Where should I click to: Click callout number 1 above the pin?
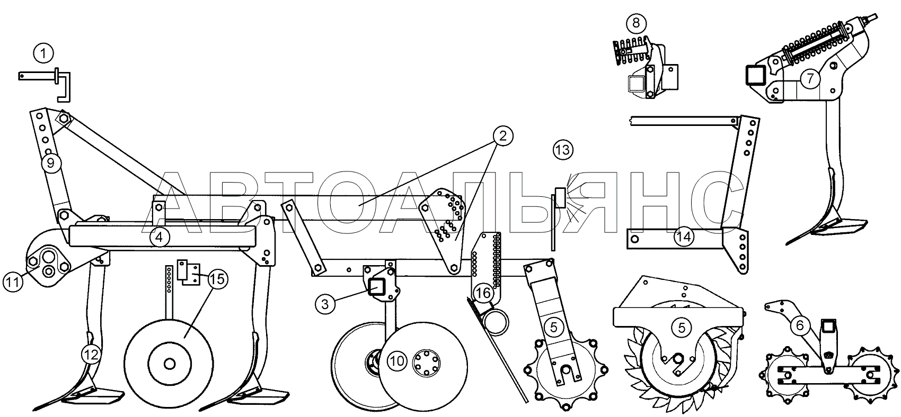pos(43,53)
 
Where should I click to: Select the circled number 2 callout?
pos(503,136)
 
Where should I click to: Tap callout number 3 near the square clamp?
pos(325,304)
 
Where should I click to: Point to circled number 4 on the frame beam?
pos(160,238)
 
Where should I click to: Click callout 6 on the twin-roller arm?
pos(800,325)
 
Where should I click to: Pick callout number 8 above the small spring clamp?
pos(635,23)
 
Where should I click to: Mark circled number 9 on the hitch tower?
pos(51,163)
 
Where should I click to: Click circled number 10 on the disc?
pos(397,361)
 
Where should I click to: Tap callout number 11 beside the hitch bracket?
pos(13,282)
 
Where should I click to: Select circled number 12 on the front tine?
pos(91,355)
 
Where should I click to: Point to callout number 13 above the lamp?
pos(563,150)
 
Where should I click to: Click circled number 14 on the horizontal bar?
pos(684,237)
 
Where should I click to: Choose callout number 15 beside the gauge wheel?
pos(218,279)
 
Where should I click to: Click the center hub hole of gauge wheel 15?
pos(170,364)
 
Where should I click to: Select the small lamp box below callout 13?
pos(560,198)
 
